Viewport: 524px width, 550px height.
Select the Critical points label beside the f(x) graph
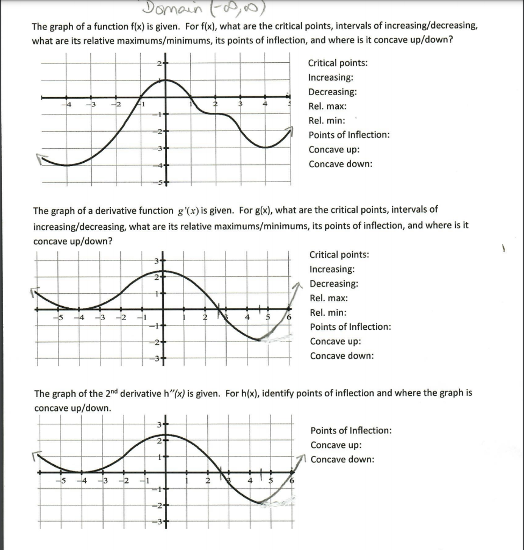(x=338, y=63)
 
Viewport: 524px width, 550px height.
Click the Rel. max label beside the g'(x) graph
(x=329, y=298)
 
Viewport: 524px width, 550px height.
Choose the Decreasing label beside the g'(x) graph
(x=334, y=284)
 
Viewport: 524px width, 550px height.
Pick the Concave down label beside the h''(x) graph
(x=343, y=459)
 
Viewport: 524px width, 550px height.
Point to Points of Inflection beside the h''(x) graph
(x=351, y=431)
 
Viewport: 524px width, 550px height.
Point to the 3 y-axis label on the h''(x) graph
(x=159, y=426)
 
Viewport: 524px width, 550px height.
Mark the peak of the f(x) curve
(x=165, y=80)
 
